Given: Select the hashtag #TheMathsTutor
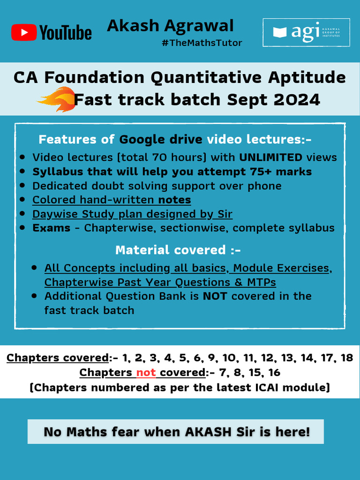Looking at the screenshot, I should point(202,43).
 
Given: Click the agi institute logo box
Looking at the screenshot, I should point(306,32).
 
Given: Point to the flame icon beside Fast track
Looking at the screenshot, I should point(57,99).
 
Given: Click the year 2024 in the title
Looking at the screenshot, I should point(297,99).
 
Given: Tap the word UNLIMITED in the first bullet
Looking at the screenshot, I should point(271,157).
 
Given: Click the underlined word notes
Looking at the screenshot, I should point(174,200).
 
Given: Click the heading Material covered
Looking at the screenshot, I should point(178,250).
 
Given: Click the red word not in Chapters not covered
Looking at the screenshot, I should point(146,372).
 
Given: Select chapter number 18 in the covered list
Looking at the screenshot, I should point(347,358).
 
